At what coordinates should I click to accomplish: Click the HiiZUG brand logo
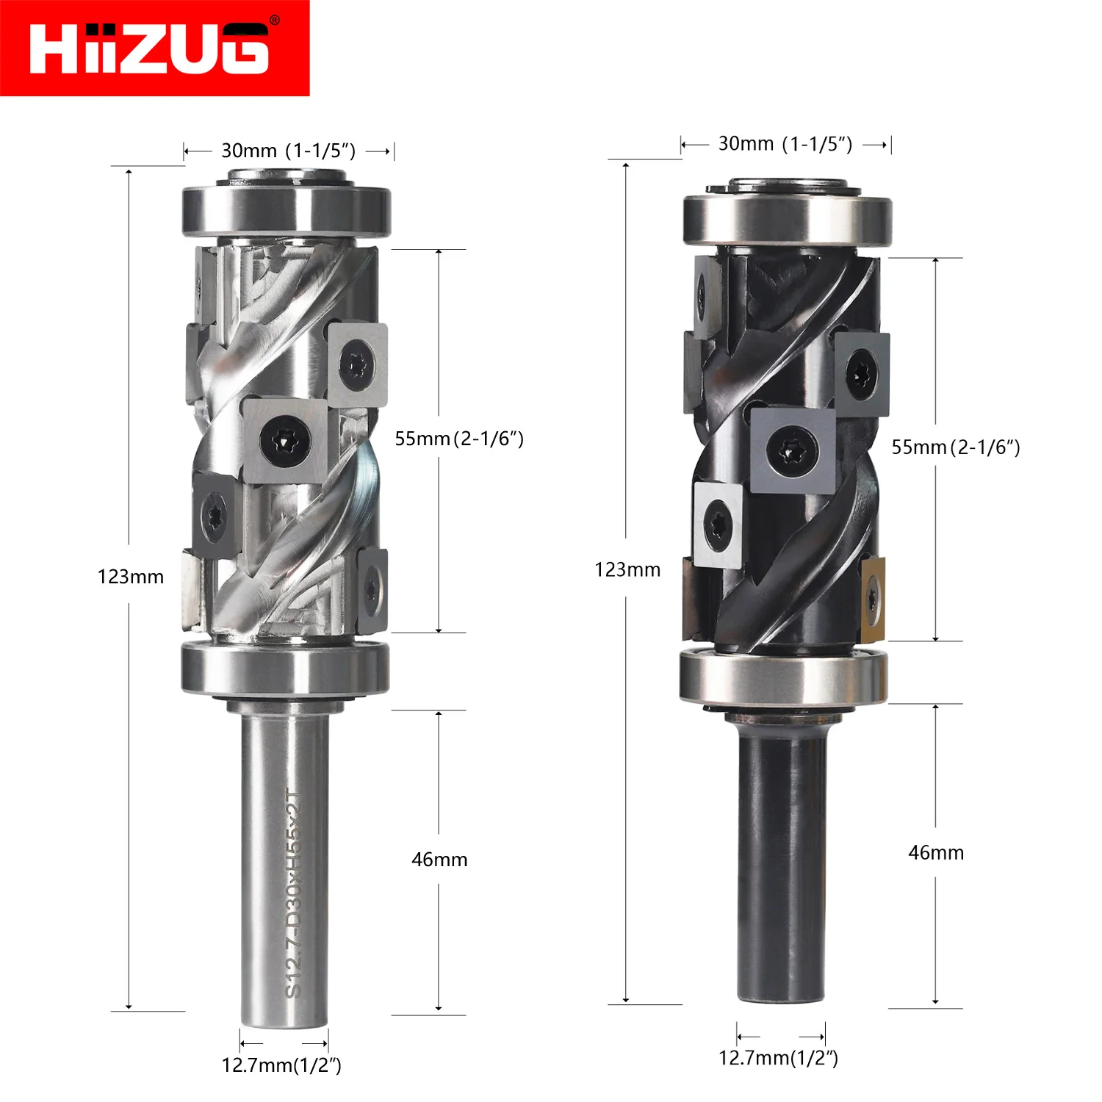tap(154, 48)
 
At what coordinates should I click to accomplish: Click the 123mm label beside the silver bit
tap(131, 577)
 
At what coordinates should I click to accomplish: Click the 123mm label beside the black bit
tap(627, 569)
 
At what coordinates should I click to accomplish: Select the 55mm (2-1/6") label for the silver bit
tap(459, 439)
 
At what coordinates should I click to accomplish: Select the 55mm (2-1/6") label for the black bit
tap(956, 447)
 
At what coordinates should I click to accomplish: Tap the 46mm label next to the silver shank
tap(439, 860)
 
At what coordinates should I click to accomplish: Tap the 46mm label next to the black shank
tap(936, 852)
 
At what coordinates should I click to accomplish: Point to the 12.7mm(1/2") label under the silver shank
tap(281, 1065)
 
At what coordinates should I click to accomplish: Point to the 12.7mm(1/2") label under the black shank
tap(778, 1057)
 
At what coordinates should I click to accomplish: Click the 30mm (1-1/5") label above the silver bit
tap(289, 151)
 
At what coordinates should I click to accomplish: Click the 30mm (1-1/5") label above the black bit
tap(785, 143)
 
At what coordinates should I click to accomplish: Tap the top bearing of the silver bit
tap(287, 211)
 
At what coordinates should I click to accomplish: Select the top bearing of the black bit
tap(787, 219)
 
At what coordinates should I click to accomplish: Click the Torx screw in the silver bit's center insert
tap(285, 442)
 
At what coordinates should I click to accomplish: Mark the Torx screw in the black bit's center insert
tap(792, 450)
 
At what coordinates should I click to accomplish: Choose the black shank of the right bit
tap(782, 867)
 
